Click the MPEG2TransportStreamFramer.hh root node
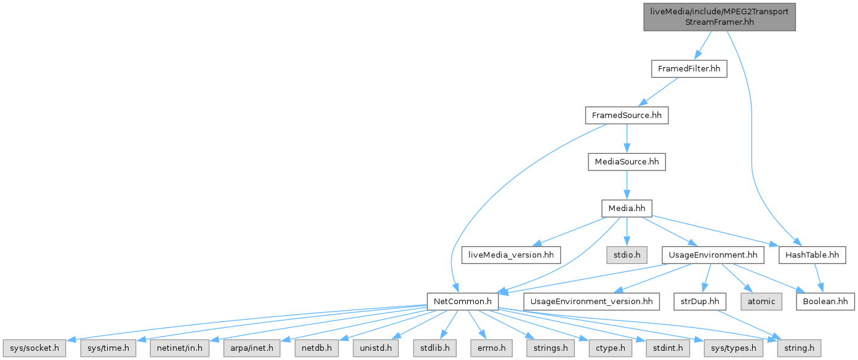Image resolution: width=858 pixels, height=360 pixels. coord(720,17)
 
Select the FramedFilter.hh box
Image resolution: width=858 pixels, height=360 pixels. coord(689,69)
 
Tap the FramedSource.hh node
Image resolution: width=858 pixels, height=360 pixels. coord(627,115)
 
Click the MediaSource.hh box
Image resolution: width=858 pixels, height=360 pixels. coord(627,162)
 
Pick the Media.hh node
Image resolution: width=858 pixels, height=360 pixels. coord(627,208)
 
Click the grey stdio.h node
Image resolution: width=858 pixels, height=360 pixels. coord(627,254)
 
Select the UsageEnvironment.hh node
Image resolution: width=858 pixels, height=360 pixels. coord(712,254)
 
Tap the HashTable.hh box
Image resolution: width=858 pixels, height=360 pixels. coord(812,254)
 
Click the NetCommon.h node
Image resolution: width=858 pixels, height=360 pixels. coord(463,302)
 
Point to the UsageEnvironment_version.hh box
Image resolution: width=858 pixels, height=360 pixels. coord(591,302)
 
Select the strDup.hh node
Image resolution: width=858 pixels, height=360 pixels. coord(700,302)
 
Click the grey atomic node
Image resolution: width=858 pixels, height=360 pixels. coord(761,302)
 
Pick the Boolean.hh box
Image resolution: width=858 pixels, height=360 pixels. coord(825,302)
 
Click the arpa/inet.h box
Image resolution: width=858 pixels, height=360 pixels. coord(253,348)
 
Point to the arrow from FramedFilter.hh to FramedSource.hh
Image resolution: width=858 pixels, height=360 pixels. coord(657,92)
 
